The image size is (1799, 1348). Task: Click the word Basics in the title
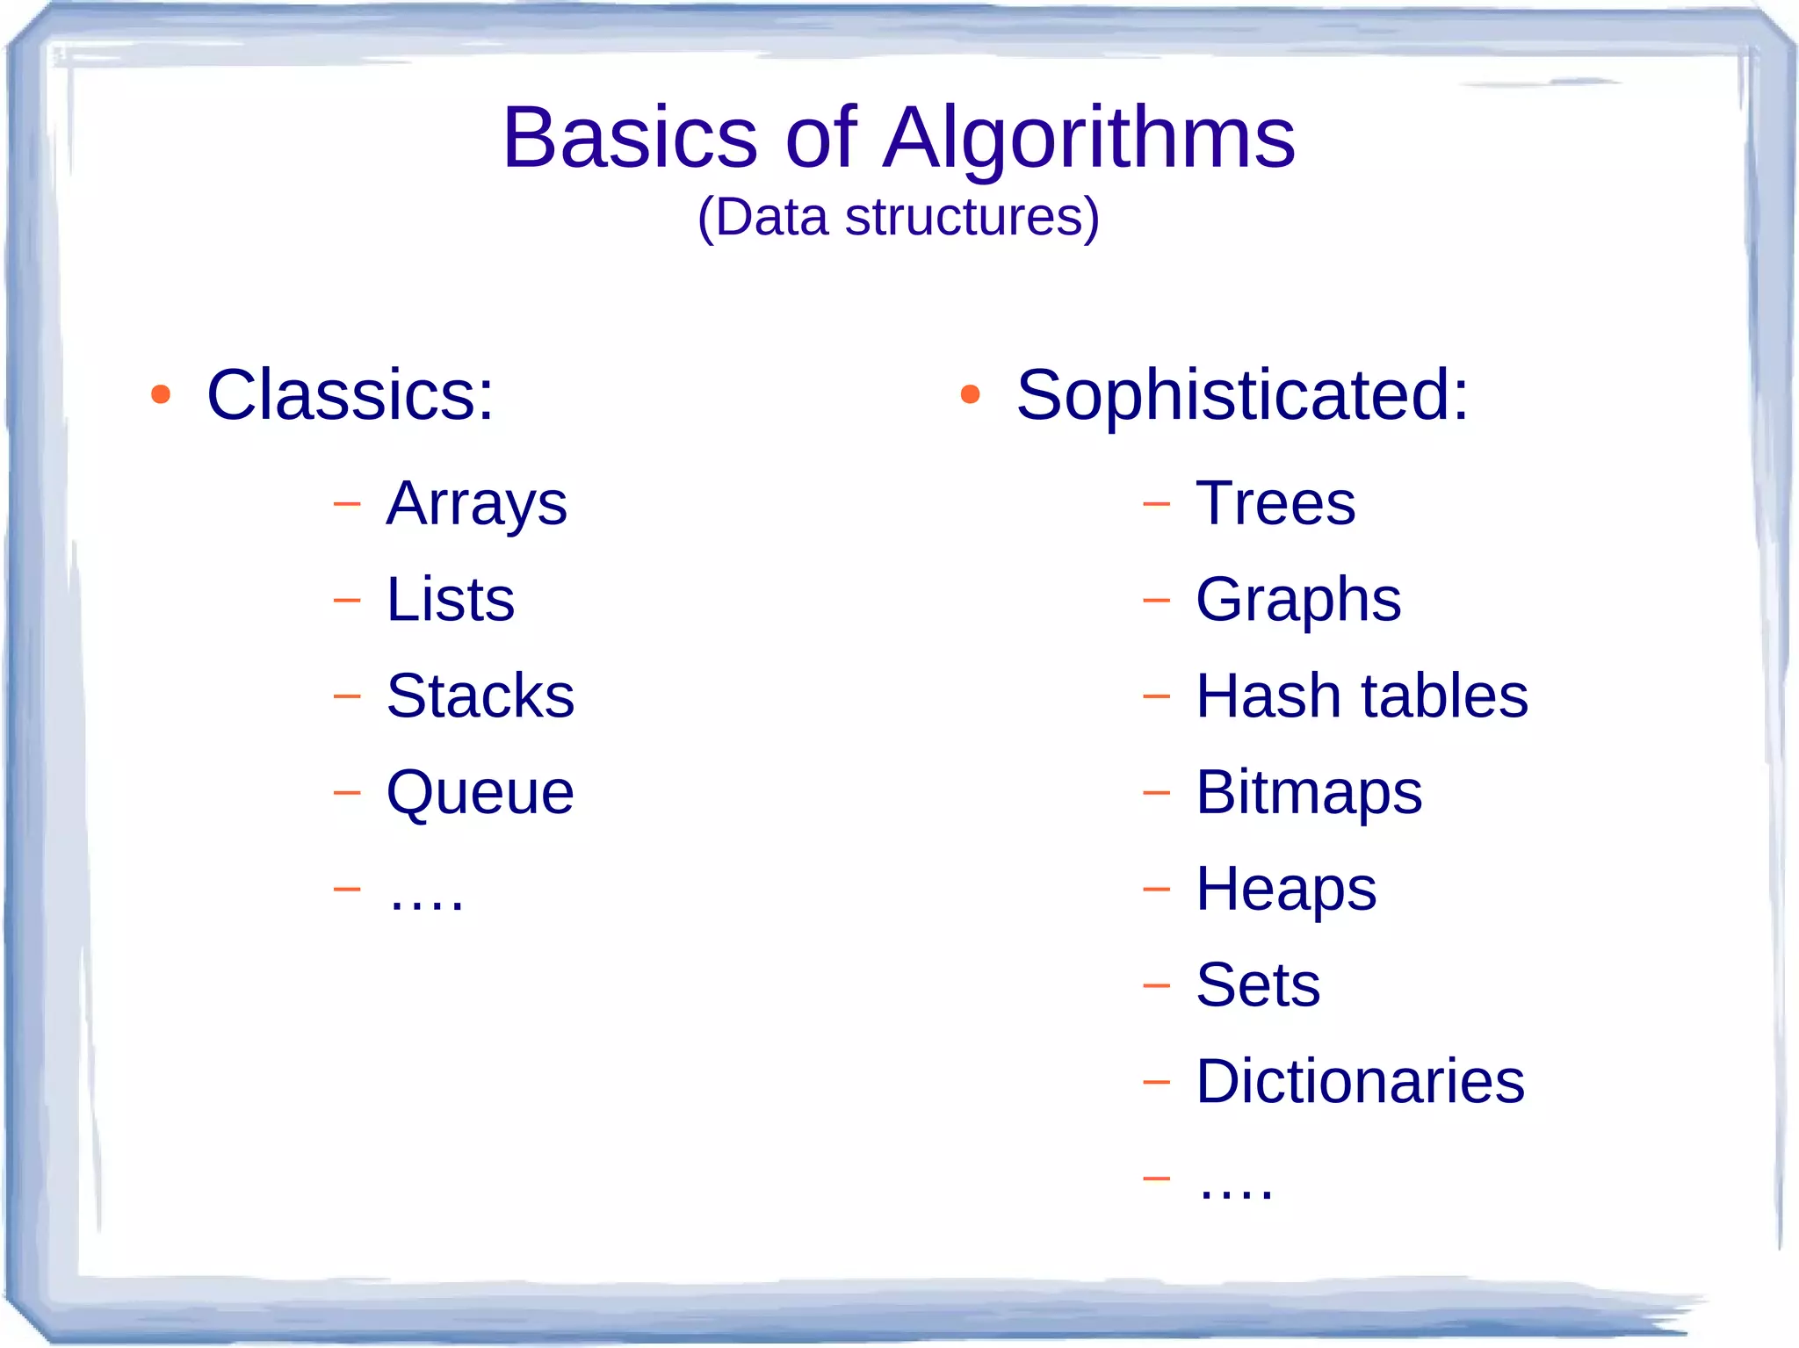629,138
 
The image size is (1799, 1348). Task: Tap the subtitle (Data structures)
898,217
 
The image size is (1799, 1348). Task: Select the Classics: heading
350,395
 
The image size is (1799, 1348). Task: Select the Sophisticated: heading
1241,395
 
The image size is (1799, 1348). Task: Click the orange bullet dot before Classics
160,394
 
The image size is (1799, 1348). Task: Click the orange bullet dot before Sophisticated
970,394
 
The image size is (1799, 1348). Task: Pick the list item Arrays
476,504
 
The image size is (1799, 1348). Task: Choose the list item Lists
450,600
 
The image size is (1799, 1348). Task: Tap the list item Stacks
480,696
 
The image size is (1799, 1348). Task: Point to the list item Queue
480,792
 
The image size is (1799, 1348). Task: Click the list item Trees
1275,504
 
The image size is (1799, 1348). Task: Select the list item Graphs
1297,601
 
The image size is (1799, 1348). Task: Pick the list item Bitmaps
1308,793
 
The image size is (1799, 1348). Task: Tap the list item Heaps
1286,890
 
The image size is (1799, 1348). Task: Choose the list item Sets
1258,984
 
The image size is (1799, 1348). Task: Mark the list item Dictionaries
1360,1081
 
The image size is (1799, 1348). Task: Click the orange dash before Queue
347,792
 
